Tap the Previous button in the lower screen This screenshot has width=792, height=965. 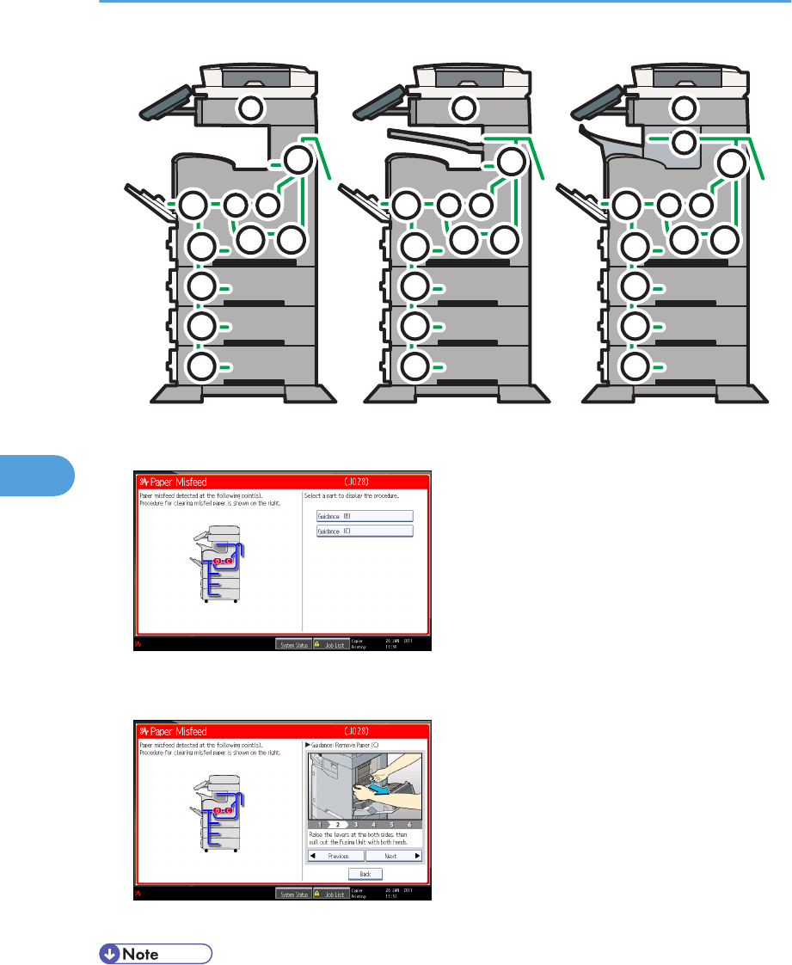pyautogui.click(x=335, y=856)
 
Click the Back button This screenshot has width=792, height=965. pyautogui.click(x=365, y=873)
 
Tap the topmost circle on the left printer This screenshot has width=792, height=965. pyautogui.click(x=249, y=108)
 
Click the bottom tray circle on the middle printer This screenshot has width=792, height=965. pyautogui.click(x=415, y=366)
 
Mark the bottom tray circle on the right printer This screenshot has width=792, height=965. pyautogui.click(x=634, y=366)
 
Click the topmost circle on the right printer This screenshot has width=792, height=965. pyautogui.click(x=685, y=108)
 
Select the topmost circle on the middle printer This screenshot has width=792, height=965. pyautogui.click(x=464, y=108)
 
